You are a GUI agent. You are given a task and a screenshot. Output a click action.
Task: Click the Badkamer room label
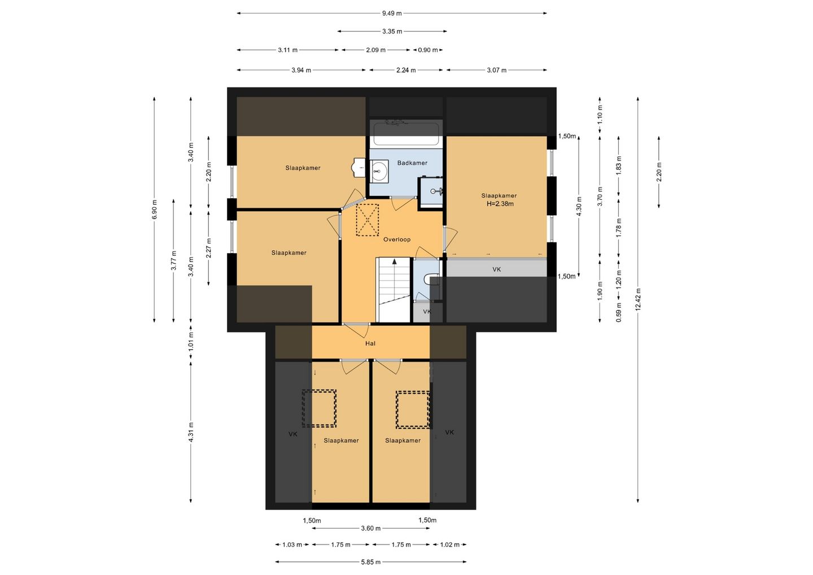tap(412, 163)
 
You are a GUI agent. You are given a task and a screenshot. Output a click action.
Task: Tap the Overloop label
tap(397, 239)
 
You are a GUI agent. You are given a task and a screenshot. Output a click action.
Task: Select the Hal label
tap(370, 343)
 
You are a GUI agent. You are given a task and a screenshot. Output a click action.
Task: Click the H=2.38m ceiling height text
tap(500, 204)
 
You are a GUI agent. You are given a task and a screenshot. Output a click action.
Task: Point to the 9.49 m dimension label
tap(392, 14)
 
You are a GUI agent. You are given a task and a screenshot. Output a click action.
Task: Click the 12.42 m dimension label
tap(638, 299)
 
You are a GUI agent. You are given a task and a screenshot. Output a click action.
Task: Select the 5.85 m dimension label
tap(370, 563)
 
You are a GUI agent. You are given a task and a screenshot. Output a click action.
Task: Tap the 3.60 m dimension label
tap(370, 529)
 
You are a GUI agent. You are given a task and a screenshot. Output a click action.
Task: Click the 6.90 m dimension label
tap(155, 210)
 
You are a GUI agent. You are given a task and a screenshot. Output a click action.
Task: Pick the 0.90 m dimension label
tap(428, 50)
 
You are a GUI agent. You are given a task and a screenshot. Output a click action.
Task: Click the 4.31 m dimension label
tap(191, 432)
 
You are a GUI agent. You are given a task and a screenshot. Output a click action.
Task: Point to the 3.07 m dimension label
tap(496, 71)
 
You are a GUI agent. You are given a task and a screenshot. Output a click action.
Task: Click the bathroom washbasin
tap(379, 171)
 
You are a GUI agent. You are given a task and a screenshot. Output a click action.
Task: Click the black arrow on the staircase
tap(395, 260)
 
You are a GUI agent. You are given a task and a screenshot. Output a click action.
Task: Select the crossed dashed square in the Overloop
tap(368, 220)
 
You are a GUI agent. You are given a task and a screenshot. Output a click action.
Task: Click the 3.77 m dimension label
tap(174, 260)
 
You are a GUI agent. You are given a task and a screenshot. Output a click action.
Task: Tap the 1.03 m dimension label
tap(292, 545)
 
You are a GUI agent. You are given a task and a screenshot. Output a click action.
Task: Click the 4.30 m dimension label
tap(579, 206)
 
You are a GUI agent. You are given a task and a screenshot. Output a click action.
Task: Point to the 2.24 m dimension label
tap(406, 71)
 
